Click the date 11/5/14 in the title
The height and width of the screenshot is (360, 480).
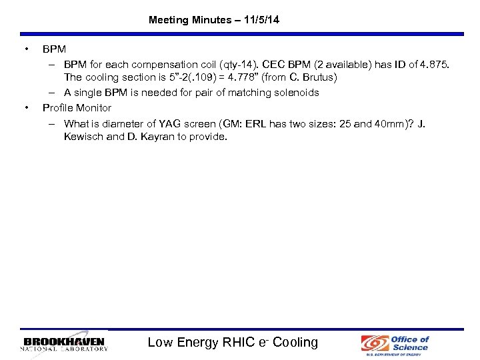tap(261, 20)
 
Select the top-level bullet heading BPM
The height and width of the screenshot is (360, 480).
tap(53, 49)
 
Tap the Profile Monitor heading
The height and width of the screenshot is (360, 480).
tap(77, 107)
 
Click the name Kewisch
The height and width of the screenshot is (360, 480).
tap(83, 137)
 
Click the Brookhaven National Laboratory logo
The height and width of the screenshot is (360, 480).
tap(64, 344)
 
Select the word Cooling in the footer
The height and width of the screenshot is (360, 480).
tap(295, 343)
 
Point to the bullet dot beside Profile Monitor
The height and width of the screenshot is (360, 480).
tap(25, 107)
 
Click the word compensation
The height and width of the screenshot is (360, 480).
tap(153, 65)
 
